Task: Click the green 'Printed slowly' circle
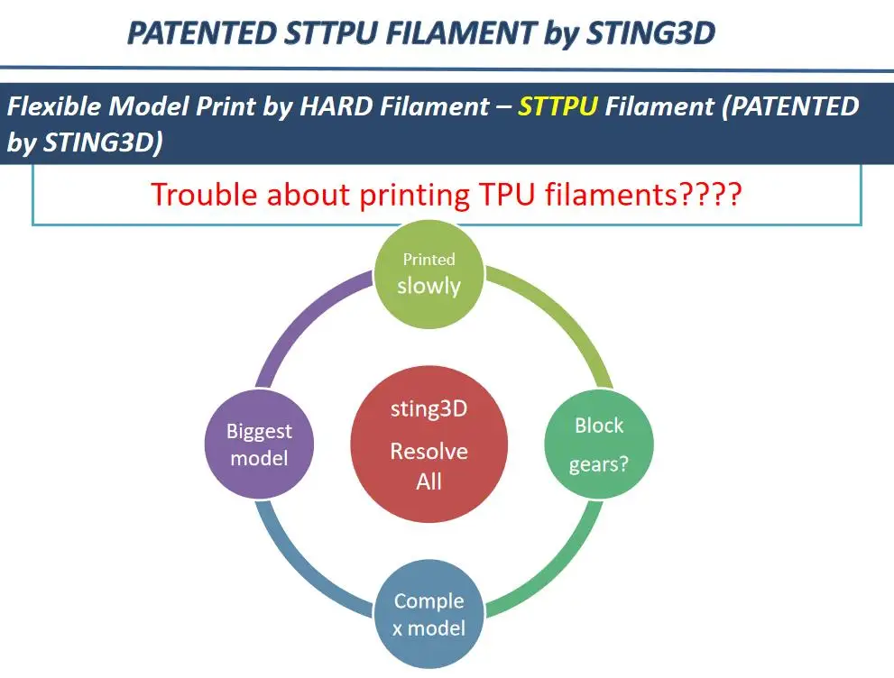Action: [429, 274]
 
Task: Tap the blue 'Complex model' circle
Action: [429, 614]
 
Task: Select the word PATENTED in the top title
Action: [202, 33]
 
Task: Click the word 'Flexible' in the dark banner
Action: [57, 107]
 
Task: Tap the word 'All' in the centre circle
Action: [429, 481]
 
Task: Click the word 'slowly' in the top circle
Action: [429, 286]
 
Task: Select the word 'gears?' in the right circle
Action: [598, 464]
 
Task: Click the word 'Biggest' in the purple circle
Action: [259, 431]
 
